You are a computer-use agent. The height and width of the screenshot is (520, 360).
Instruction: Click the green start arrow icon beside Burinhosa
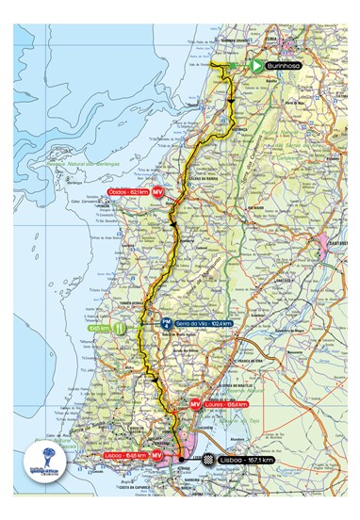click(255, 66)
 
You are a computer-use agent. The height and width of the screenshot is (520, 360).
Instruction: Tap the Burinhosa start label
click(282, 66)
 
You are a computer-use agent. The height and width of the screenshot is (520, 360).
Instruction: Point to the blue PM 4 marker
click(166, 323)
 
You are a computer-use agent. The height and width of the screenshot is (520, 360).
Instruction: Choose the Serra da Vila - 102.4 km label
click(203, 323)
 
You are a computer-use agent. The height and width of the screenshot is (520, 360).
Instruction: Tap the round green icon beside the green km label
click(120, 330)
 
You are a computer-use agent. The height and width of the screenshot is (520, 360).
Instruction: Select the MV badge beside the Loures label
click(196, 404)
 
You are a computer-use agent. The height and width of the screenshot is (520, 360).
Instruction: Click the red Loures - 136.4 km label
click(226, 404)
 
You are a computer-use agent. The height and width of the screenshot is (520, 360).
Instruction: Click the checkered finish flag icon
click(207, 460)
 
